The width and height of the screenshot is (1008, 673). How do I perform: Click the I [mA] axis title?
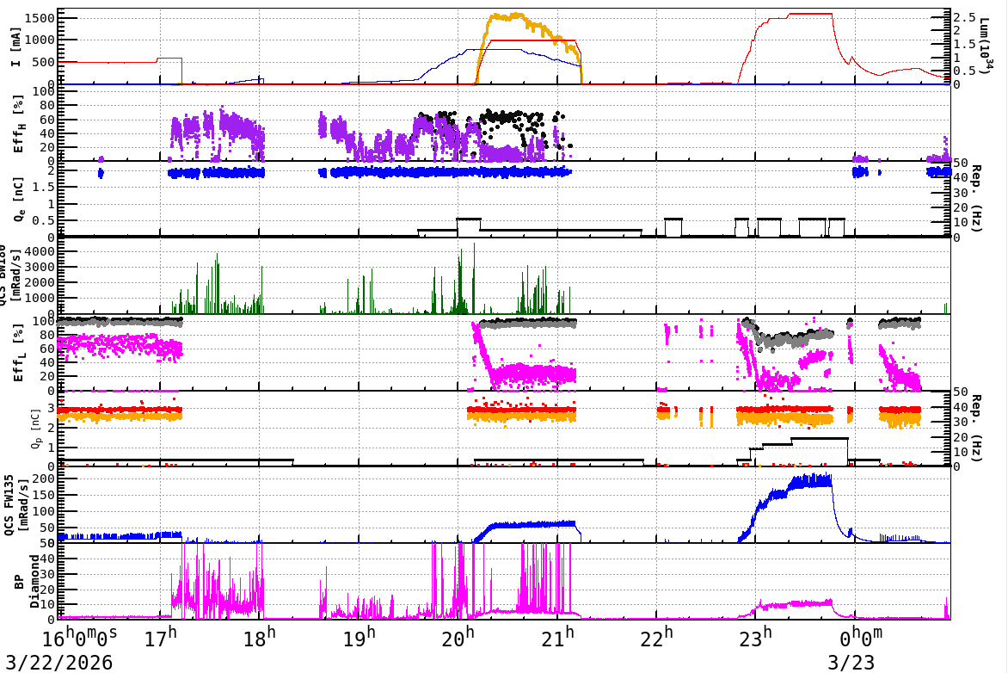click(16, 47)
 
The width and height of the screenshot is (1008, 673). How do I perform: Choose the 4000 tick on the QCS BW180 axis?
click(41, 251)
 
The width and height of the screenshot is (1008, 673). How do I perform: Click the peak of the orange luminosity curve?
click(516, 14)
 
